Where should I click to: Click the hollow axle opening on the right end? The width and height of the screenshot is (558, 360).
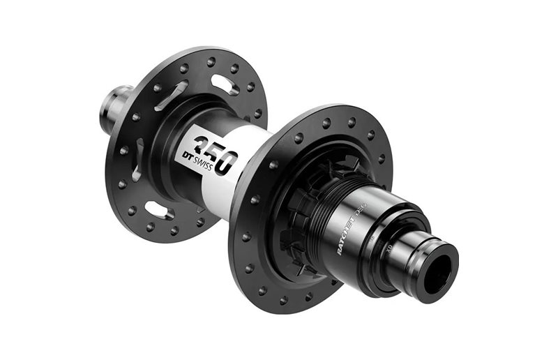tap(438, 267)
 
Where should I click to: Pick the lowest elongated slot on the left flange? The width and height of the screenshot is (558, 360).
tap(158, 210)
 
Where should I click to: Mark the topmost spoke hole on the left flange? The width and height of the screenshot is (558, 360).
tap(211, 61)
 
